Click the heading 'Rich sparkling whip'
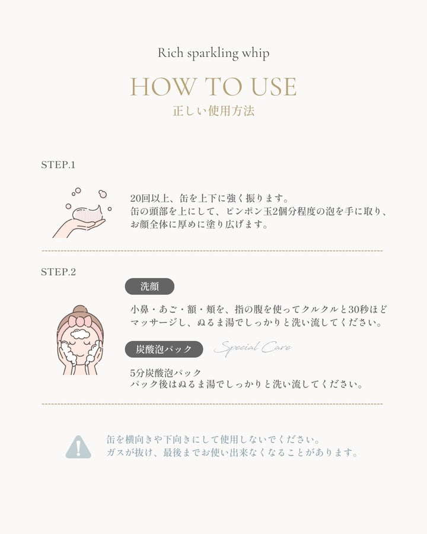213,53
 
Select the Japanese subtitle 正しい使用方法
213,112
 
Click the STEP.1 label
58,165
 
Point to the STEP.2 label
58,272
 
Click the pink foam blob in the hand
88,214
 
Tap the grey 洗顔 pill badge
149,287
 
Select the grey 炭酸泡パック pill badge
164,349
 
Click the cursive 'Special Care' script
253,348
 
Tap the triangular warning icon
78,447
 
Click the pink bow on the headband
79,322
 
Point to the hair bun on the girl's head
81,310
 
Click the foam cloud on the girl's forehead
79,334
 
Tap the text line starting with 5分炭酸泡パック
166,373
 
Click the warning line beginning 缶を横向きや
213,439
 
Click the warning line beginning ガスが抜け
232,453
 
